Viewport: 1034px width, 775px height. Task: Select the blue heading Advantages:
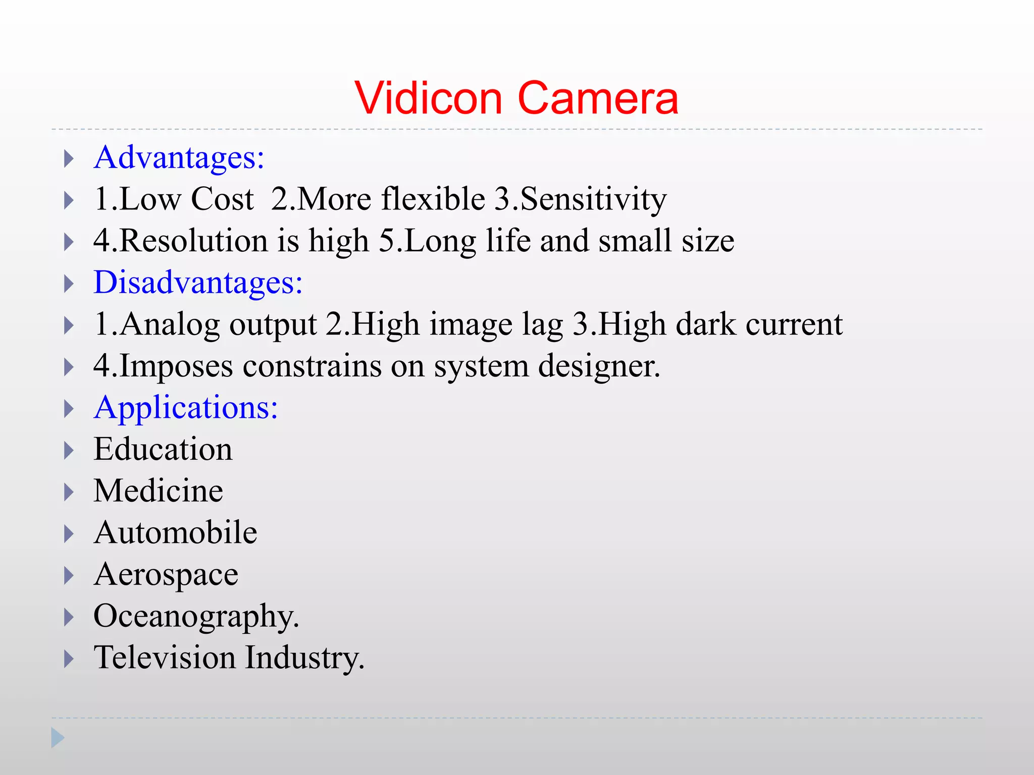click(179, 157)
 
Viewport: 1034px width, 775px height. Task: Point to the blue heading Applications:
click(186, 407)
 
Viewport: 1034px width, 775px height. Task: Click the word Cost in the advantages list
click(222, 199)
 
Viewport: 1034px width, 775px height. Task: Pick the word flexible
click(433, 199)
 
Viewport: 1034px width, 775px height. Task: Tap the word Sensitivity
click(593, 200)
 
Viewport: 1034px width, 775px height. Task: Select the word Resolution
click(194, 241)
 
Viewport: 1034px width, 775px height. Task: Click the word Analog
click(169, 324)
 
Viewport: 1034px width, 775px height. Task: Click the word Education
click(163, 449)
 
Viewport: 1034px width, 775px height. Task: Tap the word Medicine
click(159, 491)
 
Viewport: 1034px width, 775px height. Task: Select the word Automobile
click(176, 532)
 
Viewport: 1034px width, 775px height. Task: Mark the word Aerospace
click(166, 575)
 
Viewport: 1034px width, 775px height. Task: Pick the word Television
click(165, 658)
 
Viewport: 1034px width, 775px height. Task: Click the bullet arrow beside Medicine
click(69, 492)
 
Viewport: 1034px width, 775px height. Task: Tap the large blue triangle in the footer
click(58, 738)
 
